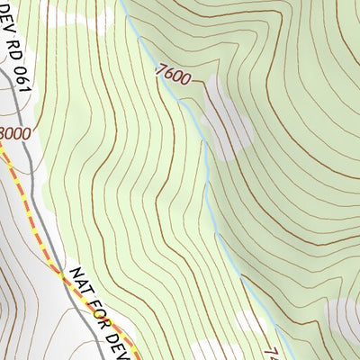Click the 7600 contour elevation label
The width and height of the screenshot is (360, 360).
tap(174, 75)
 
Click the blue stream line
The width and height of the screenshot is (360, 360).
tap(205, 162)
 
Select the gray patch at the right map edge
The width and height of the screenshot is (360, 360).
tap(346, 315)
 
